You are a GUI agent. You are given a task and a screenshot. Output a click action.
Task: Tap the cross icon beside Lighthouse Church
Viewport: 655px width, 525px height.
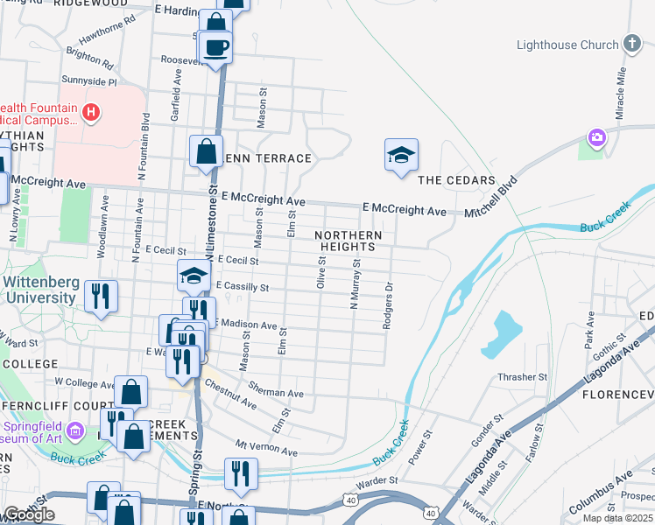pyautogui.click(x=630, y=44)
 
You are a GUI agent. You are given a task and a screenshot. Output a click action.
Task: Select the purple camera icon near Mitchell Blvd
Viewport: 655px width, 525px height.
pyautogui.click(x=597, y=137)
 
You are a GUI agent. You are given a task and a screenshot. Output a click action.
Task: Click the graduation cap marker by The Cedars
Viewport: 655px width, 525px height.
pyautogui.click(x=401, y=155)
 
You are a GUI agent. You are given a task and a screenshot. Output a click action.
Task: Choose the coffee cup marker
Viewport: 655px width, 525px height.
pyautogui.click(x=215, y=47)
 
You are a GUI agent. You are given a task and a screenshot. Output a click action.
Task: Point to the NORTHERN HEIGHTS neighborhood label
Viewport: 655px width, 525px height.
pyautogui.click(x=349, y=241)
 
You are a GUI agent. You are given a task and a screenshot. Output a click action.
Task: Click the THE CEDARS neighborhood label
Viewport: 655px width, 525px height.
pyautogui.click(x=451, y=181)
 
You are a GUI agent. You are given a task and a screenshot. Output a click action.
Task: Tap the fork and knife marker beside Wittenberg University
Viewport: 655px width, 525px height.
pyautogui.click(x=102, y=296)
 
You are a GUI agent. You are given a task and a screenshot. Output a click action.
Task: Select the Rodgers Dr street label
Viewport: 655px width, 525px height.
pyautogui.click(x=386, y=304)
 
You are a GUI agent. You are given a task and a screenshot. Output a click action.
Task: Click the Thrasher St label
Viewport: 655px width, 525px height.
pyautogui.click(x=522, y=377)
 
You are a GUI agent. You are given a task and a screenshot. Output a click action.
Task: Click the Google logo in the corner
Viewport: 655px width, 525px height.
pyautogui.click(x=29, y=514)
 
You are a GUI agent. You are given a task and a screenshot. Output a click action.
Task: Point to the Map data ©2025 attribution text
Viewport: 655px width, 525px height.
pyautogui.click(x=618, y=518)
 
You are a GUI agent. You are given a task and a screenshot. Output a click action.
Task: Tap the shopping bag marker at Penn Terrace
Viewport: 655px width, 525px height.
pyautogui.click(x=205, y=151)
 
